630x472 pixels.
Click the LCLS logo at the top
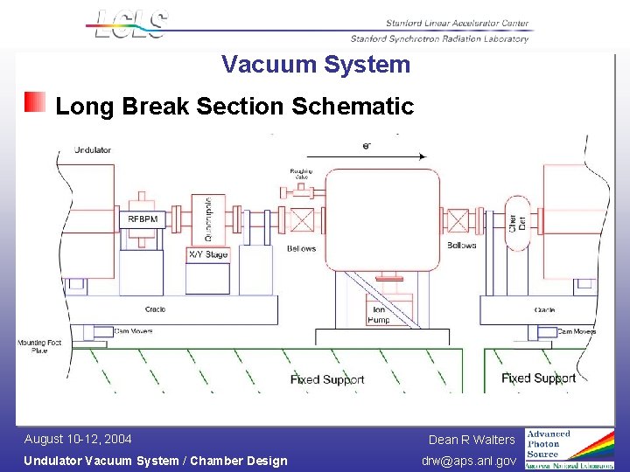click(129, 24)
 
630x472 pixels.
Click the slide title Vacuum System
click(315, 65)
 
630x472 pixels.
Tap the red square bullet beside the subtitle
click(35, 102)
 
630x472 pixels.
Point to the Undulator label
click(93, 150)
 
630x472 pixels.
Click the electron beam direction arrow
click(367, 156)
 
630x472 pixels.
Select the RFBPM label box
click(143, 219)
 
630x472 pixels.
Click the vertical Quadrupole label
click(208, 219)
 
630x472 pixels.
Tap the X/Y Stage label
click(208, 254)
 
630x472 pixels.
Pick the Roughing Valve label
click(301, 175)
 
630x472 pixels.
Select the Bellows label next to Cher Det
click(461, 246)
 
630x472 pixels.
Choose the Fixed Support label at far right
click(538, 378)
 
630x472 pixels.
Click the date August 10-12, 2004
click(78, 439)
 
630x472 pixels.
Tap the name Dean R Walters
click(472, 440)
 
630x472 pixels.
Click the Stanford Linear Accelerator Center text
click(457, 24)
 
